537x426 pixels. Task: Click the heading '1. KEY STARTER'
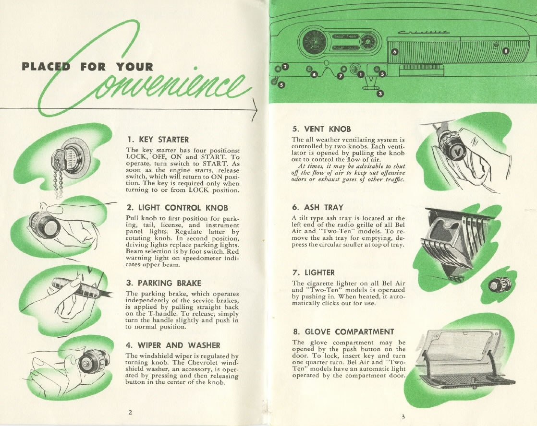click(x=158, y=140)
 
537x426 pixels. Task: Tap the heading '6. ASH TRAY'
click(x=318, y=207)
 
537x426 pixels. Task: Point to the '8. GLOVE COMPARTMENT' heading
click(x=343, y=332)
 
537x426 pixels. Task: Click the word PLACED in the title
click(x=46, y=67)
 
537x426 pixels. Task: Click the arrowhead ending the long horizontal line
click(x=255, y=109)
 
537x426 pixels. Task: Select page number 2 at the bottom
click(x=130, y=412)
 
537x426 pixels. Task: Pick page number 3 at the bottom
click(x=403, y=417)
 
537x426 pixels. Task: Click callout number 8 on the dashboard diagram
click(x=506, y=51)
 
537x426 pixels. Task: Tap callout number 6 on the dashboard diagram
click(x=395, y=52)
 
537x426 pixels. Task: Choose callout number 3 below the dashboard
click(x=380, y=93)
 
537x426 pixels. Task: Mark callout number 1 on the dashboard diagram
click(x=360, y=74)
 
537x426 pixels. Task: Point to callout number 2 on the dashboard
click(x=285, y=67)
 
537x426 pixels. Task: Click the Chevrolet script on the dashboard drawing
click(x=424, y=32)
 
